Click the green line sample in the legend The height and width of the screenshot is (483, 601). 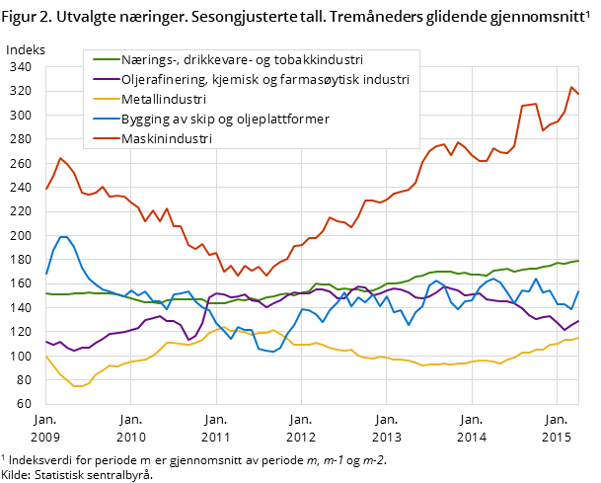(x=101, y=58)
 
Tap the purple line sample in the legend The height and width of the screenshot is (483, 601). (x=101, y=79)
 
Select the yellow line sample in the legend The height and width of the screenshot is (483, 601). (x=101, y=99)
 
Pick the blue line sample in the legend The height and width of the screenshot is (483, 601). (x=101, y=120)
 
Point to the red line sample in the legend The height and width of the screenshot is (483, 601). (x=101, y=139)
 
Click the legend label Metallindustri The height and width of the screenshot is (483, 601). (x=164, y=99)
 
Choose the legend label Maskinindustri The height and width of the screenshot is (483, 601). (x=167, y=139)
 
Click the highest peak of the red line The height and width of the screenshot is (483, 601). (x=571, y=87)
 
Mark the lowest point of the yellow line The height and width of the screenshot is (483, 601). (x=78, y=386)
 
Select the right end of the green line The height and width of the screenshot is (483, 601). (x=579, y=261)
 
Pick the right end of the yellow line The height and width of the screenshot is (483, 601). (x=579, y=338)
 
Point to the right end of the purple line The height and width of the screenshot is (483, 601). (x=579, y=319)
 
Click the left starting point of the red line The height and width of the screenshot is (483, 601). (x=45, y=189)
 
